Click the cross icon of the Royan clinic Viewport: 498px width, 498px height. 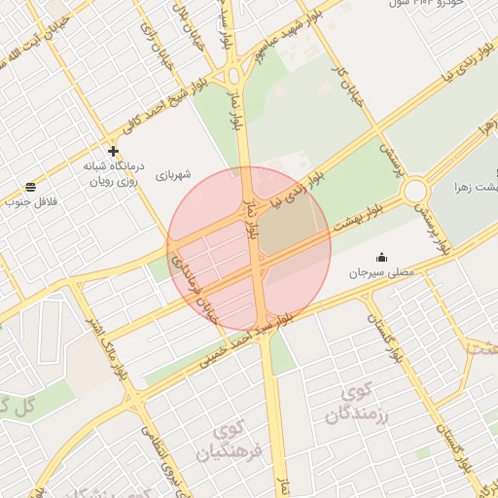coord(114,151)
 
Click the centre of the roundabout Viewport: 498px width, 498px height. coord(415,190)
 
